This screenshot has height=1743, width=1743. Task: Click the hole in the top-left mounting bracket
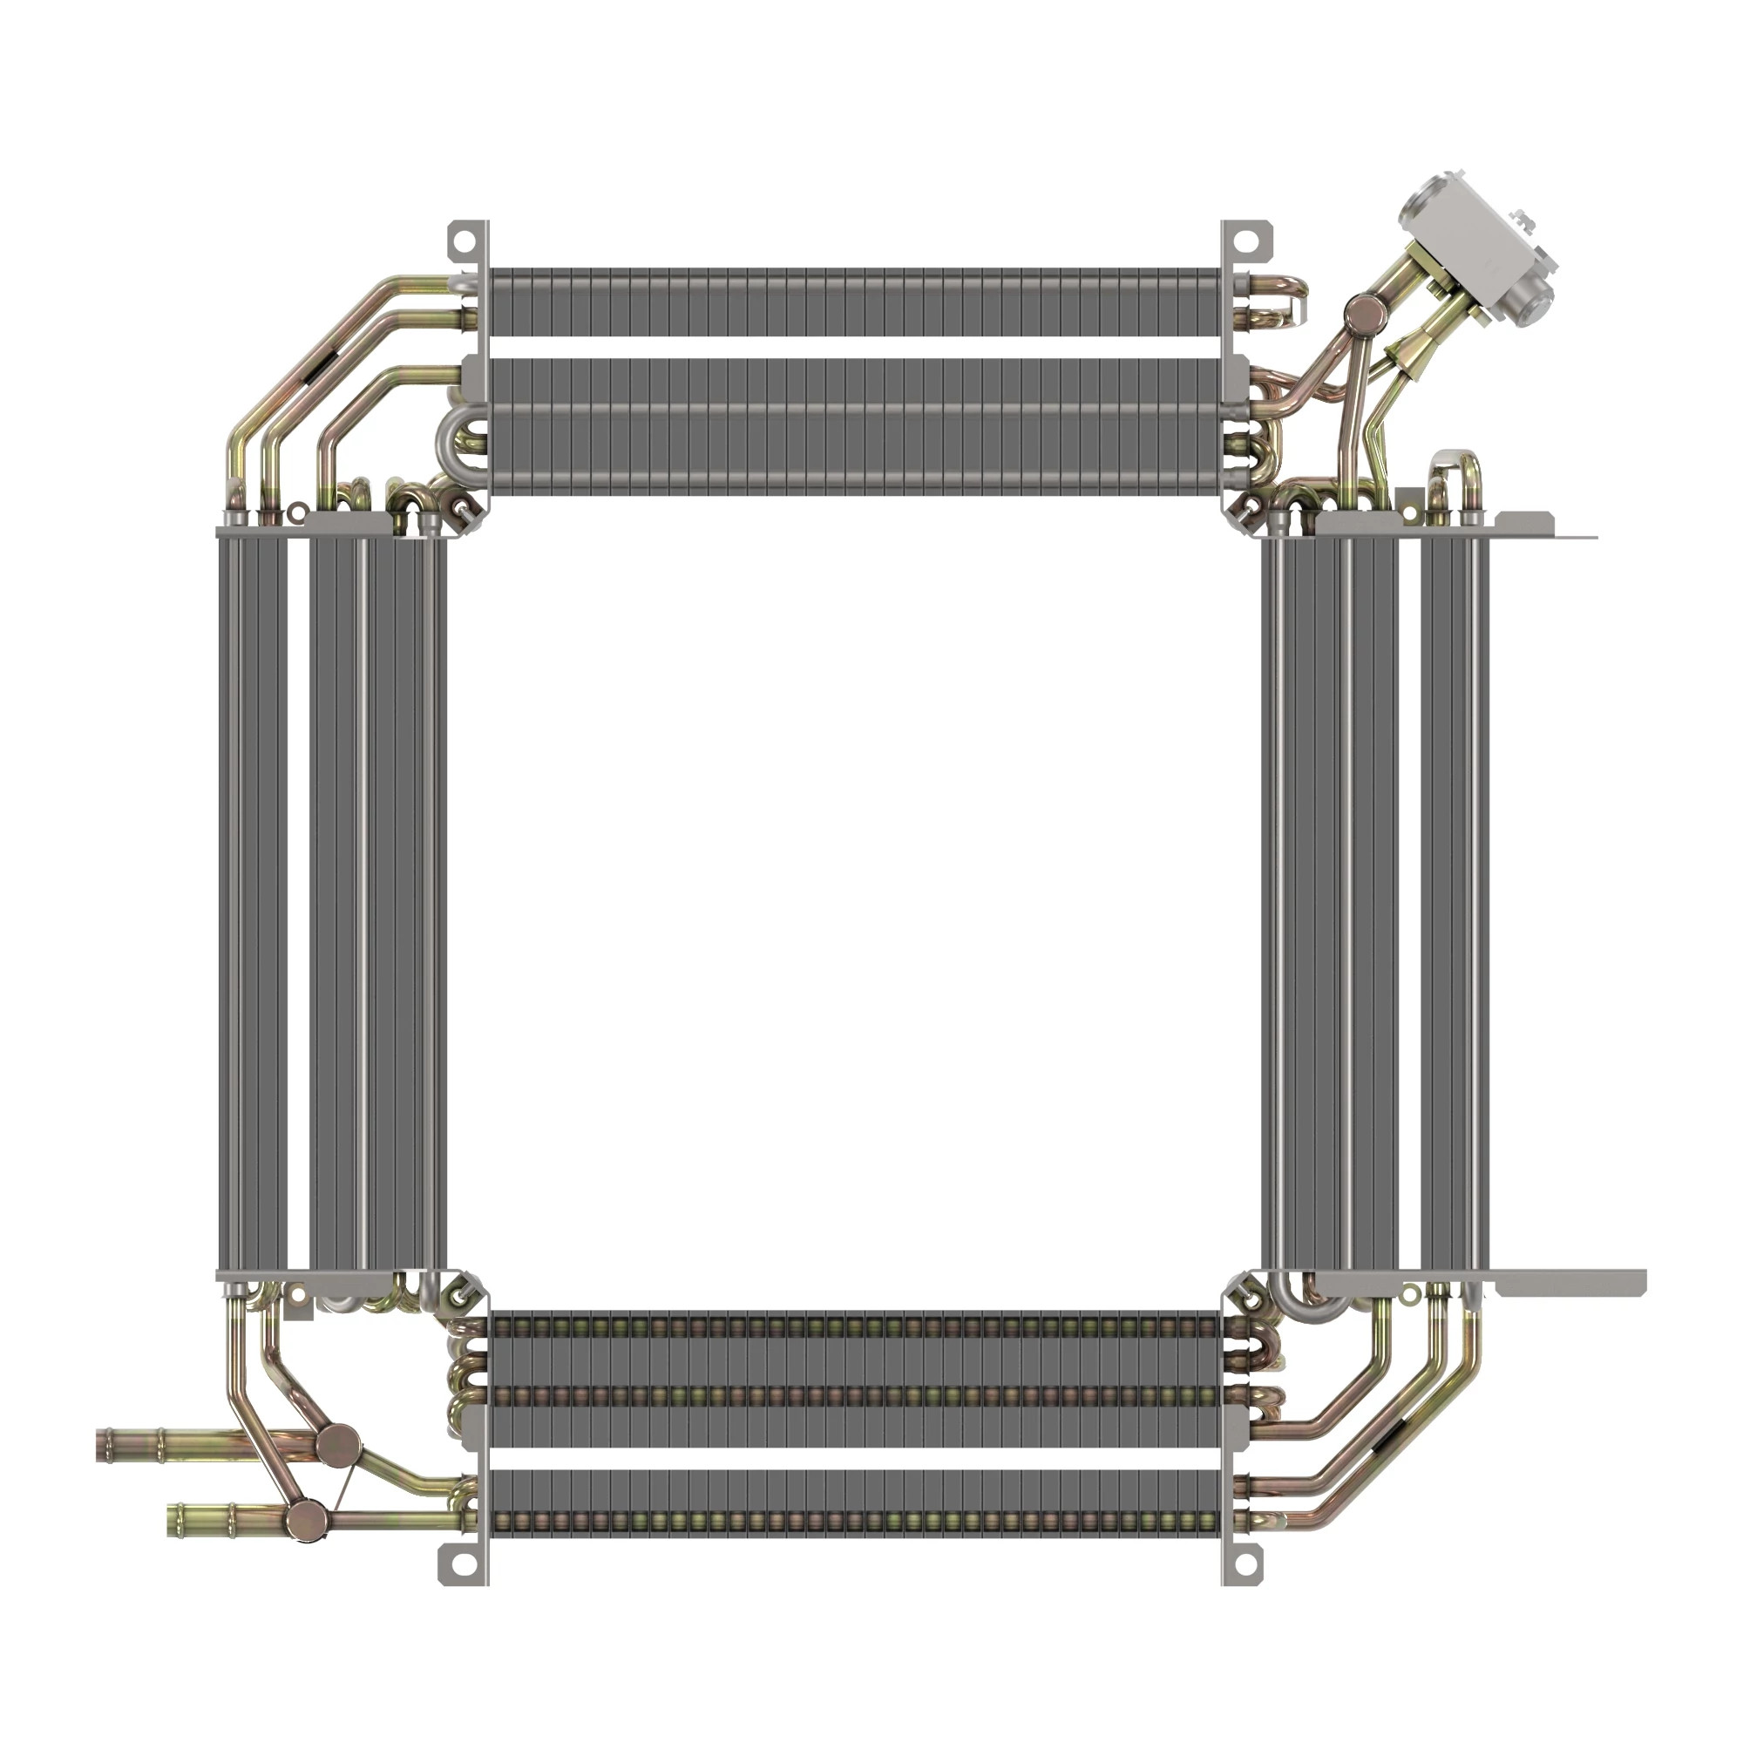coord(462,242)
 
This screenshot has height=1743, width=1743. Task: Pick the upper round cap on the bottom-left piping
coord(336,1444)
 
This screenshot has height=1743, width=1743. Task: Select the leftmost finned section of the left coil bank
coord(254,902)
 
